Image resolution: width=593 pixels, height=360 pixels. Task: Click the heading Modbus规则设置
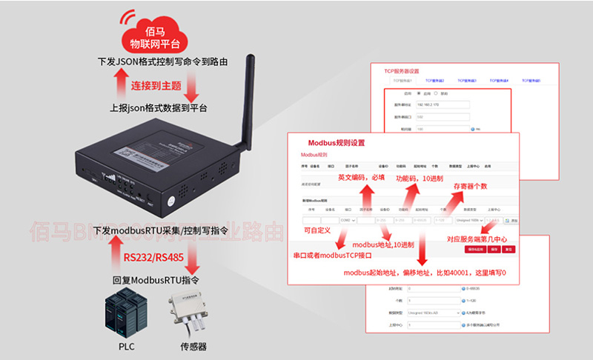pos(337,142)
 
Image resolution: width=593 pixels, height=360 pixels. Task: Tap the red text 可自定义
pos(321,231)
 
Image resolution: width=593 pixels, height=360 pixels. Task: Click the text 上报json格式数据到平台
pos(158,108)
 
